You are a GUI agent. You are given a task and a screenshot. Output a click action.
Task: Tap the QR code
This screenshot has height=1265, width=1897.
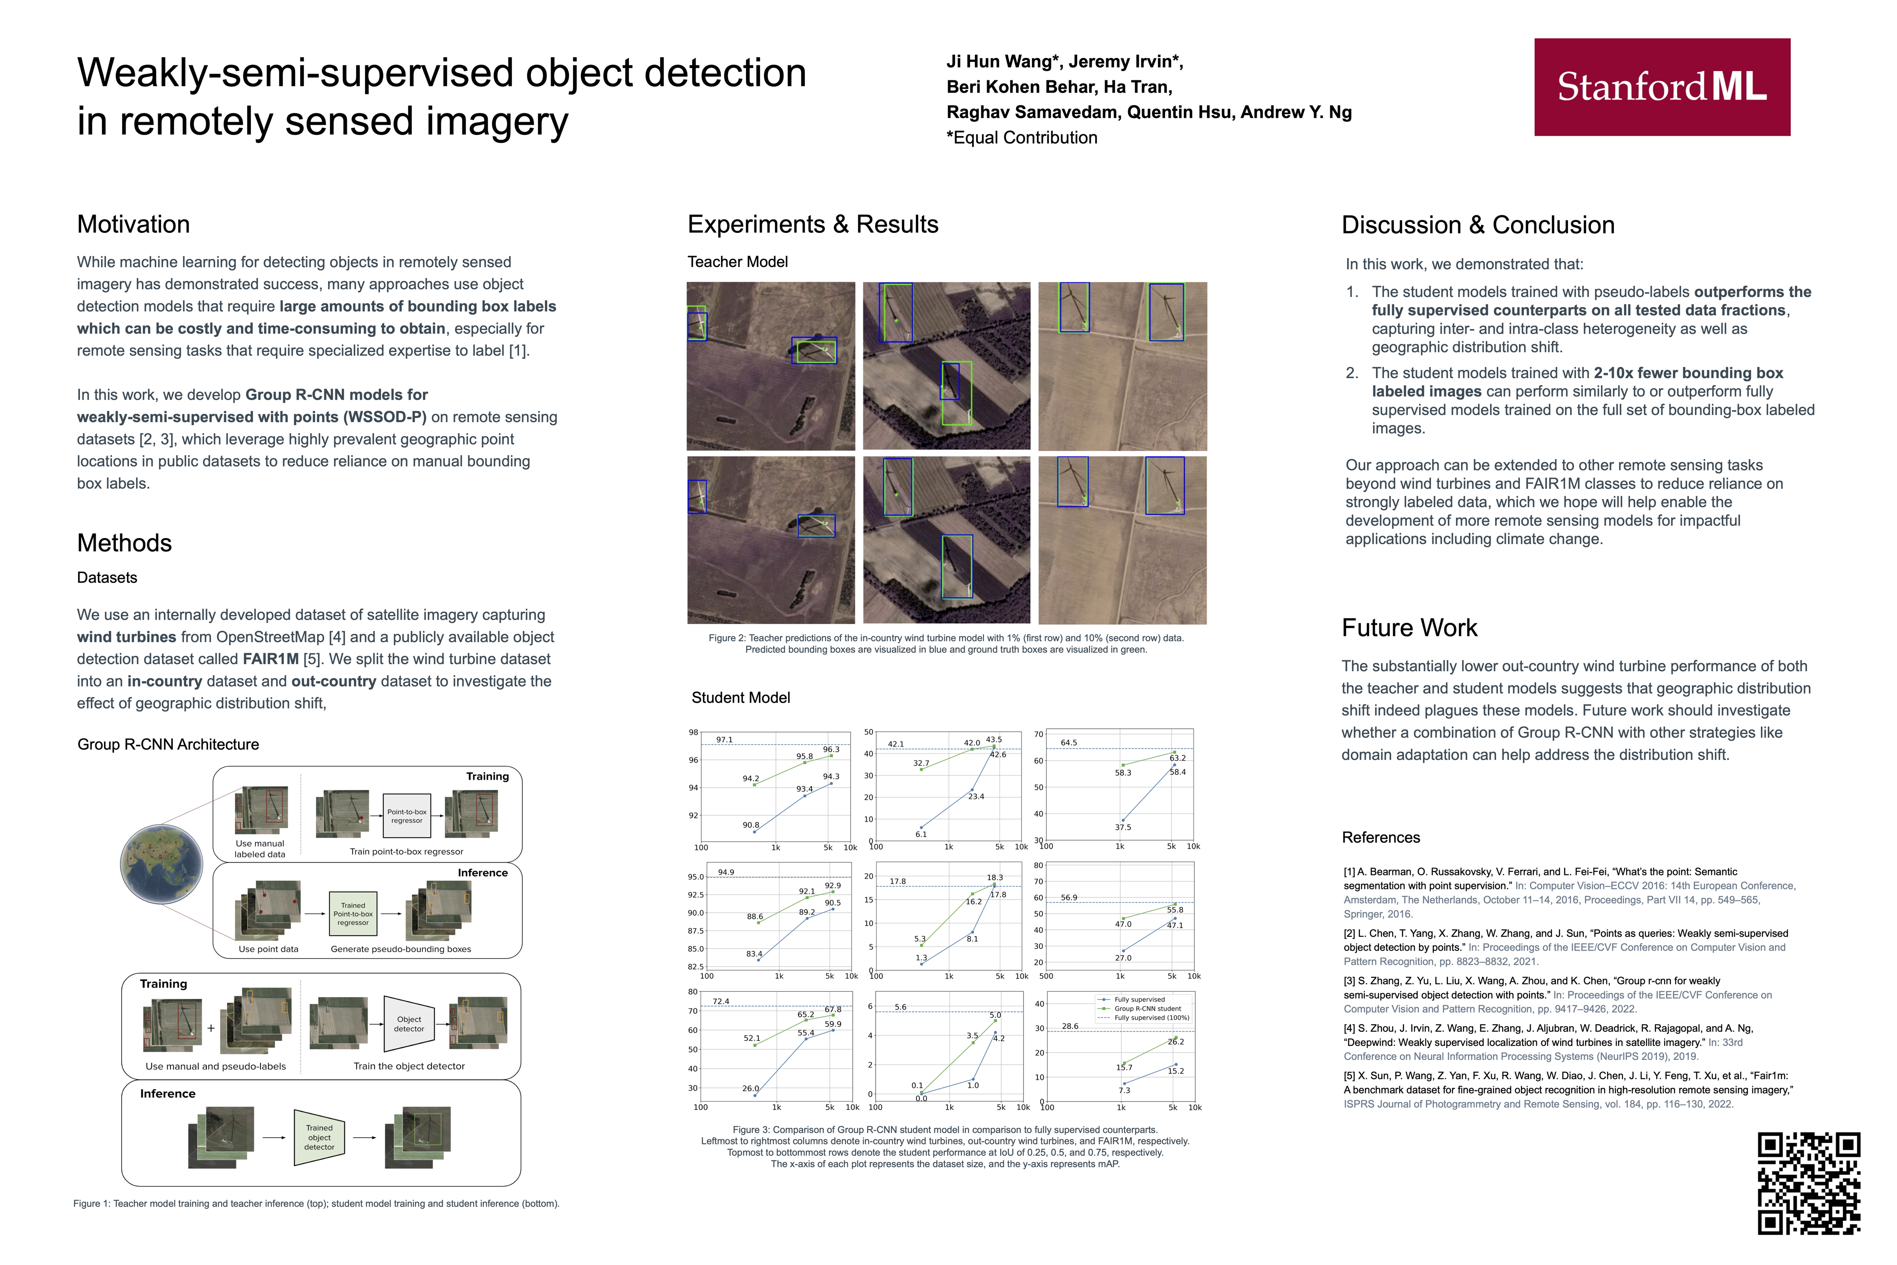pos(1809,1183)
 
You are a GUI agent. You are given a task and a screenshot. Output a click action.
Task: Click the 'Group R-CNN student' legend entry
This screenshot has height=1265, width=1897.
pos(1147,1008)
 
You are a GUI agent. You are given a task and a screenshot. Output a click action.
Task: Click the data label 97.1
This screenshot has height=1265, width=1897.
pos(724,740)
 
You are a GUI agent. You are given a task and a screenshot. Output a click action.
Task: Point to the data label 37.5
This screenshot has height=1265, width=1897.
pos(1123,827)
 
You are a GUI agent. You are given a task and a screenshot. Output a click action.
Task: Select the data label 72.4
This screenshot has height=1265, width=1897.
pos(720,1001)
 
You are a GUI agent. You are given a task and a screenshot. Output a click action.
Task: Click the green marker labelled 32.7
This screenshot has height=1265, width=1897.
pos(921,770)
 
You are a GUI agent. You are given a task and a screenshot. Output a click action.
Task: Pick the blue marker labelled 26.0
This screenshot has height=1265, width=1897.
pos(755,1095)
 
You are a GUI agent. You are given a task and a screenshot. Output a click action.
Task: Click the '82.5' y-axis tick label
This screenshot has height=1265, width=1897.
pos(695,966)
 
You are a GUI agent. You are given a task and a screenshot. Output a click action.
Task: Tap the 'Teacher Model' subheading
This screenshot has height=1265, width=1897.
pos(737,261)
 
